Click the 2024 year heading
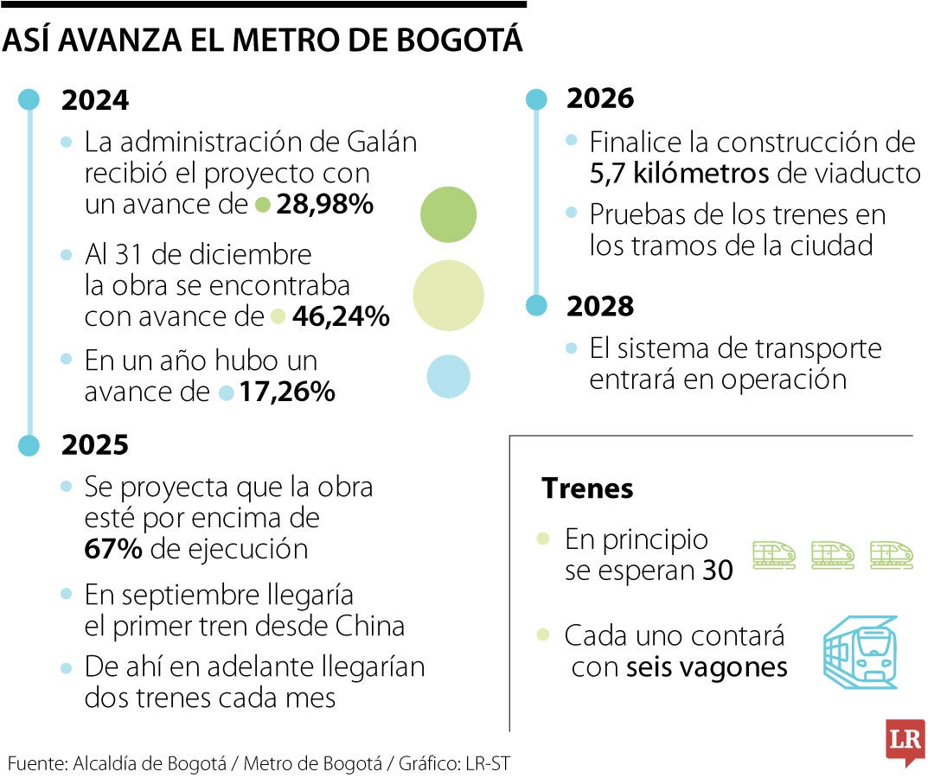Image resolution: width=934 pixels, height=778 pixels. (95, 100)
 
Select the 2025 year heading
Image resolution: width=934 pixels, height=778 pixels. (95, 445)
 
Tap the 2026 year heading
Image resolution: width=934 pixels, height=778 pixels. (600, 99)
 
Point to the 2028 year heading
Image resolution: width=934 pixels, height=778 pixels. (600, 306)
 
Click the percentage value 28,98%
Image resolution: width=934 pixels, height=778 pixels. (324, 206)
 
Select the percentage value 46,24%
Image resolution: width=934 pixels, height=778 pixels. (341, 317)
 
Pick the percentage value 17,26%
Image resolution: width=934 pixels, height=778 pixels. (287, 392)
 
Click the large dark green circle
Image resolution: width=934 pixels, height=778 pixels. (448, 214)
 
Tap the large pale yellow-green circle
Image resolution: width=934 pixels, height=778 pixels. (448, 296)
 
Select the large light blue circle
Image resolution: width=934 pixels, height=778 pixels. (448, 377)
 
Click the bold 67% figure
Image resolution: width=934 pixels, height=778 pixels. (113, 549)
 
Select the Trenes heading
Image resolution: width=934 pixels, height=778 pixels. (587, 488)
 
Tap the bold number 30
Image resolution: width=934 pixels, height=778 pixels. (717, 571)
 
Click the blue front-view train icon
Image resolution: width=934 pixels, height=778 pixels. (860, 652)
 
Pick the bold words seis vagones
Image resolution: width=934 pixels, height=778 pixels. (707, 668)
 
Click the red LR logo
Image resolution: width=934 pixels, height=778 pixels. (905, 740)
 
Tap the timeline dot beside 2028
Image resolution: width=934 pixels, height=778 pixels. (537, 305)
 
